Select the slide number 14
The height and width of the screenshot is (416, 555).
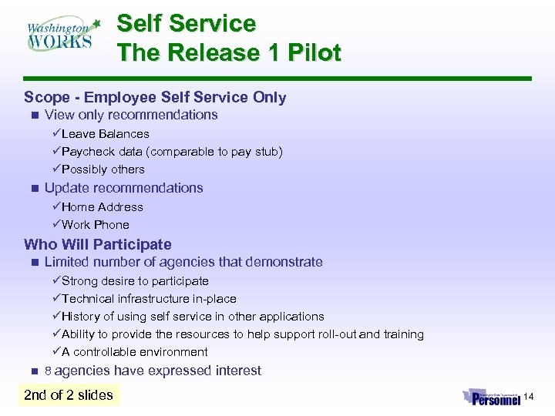pyautogui.click(x=528, y=397)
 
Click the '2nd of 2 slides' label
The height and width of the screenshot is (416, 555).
pyautogui.click(x=69, y=395)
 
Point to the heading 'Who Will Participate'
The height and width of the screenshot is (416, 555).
pyautogui.click(x=98, y=244)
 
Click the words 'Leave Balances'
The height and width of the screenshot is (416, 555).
pyautogui.click(x=105, y=134)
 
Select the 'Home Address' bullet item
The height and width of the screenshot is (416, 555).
pyautogui.click(x=102, y=207)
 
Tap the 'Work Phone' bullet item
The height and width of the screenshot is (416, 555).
pyautogui.click(x=95, y=225)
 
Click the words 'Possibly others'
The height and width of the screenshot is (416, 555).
pyautogui.click(x=103, y=169)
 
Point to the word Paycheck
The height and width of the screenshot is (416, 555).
pyautogui.click(x=87, y=152)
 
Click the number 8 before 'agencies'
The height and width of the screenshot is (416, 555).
pyautogui.click(x=48, y=371)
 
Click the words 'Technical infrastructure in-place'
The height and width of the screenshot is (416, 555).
pyautogui.click(x=149, y=299)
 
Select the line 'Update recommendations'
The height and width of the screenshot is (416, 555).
pyautogui.click(x=123, y=188)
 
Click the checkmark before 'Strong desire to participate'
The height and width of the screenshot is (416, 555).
pyautogui.click(x=56, y=281)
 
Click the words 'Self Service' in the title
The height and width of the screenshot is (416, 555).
pyautogui.click(x=186, y=24)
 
